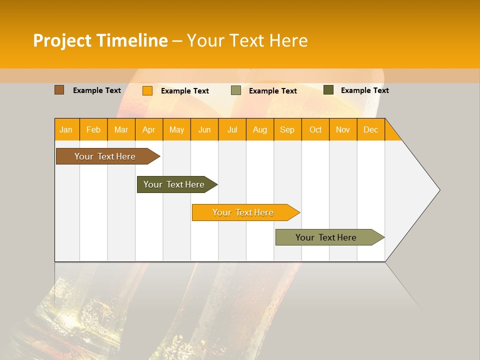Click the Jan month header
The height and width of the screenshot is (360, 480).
pyautogui.click(x=66, y=129)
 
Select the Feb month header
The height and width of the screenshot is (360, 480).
pyautogui.click(x=93, y=129)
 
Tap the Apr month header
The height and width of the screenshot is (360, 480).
pyautogui.click(x=149, y=129)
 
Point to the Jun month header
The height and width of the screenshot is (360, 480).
pyautogui.click(x=204, y=129)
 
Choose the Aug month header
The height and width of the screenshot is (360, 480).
pyautogui.click(x=260, y=129)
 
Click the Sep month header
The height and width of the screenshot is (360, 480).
pyautogui.click(x=287, y=129)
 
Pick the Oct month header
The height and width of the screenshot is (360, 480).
pyautogui.click(x=315, y=129)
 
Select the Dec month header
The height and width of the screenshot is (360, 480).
pyautogui.click(x=371, y=129)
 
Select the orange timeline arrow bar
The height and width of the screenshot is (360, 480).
pyautogui.click(x=243, y=212)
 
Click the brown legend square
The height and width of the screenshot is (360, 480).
pyautogui.click(x=59, y=90)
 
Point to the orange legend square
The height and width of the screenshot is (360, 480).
pyautogui.click(x=147, y=90)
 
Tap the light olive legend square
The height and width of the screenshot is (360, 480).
pyautogui.click(x=236, y=90)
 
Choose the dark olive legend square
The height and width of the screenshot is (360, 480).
pyautogui.click(x=328, y=90)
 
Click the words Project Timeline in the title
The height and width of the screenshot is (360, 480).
pyautogui.click(x=100, y=40)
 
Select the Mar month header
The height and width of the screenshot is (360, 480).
pyautogui.click(x=121, y=129)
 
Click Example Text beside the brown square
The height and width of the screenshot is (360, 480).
pyautogui.click(x=97, y=90)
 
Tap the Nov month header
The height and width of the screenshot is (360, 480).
pyautogui.click(x=343, y=129)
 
